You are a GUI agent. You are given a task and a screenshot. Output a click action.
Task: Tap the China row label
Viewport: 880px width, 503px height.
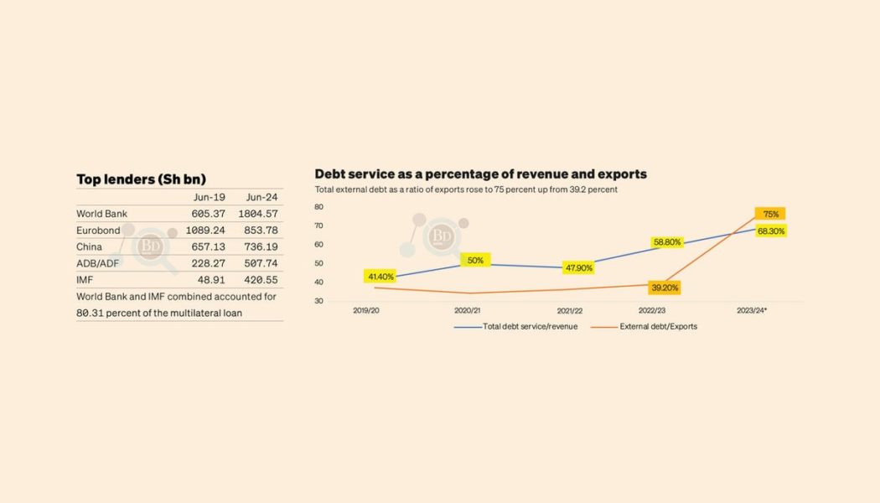[89, 247]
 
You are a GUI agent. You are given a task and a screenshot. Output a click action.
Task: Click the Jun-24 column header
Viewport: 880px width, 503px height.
[261, 197]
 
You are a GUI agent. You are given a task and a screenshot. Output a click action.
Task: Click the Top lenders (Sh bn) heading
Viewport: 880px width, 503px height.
[141, 179]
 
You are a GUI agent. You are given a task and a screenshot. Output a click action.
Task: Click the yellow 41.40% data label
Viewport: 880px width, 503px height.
[380, 276]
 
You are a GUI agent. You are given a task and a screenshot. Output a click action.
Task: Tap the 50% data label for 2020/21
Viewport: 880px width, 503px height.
[475, 260]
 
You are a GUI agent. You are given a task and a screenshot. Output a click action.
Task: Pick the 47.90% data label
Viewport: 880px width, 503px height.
[579, 268]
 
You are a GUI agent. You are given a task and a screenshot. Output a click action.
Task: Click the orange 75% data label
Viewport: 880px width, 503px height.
[770, 214]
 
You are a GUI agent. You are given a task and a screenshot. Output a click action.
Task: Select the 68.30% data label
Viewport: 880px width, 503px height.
[770, 231]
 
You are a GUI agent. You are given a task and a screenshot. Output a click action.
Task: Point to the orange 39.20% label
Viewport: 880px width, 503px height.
[665, 288]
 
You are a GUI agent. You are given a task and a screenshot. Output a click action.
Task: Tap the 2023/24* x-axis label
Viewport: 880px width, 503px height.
[753, 310]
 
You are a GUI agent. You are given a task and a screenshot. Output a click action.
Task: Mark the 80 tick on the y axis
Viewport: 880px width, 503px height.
[318, 206]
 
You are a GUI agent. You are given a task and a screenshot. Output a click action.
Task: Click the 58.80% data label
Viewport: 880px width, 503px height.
[667, 242]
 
